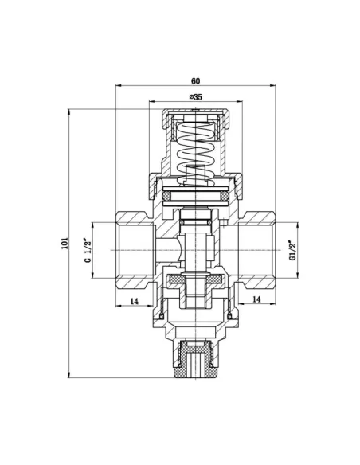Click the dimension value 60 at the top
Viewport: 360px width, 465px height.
click(x=196, y=81)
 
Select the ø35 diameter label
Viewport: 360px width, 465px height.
click(x=196, y=96)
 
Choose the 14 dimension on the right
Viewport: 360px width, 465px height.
click(x=256, y=299)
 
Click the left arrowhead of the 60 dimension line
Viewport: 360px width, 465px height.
click(x=119, y=87)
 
